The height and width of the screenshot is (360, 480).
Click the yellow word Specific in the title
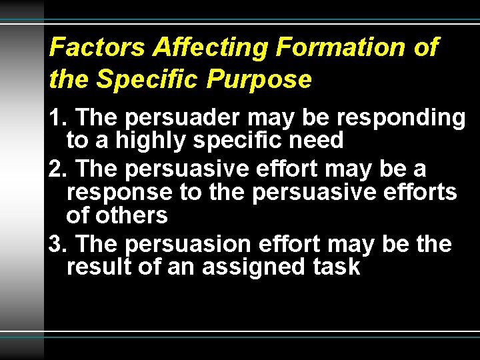coord(148,79)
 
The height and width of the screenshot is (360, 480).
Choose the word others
coord(131,215)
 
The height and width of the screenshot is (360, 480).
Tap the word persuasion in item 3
coord(187,244)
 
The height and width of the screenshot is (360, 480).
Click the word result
coord(94,267)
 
